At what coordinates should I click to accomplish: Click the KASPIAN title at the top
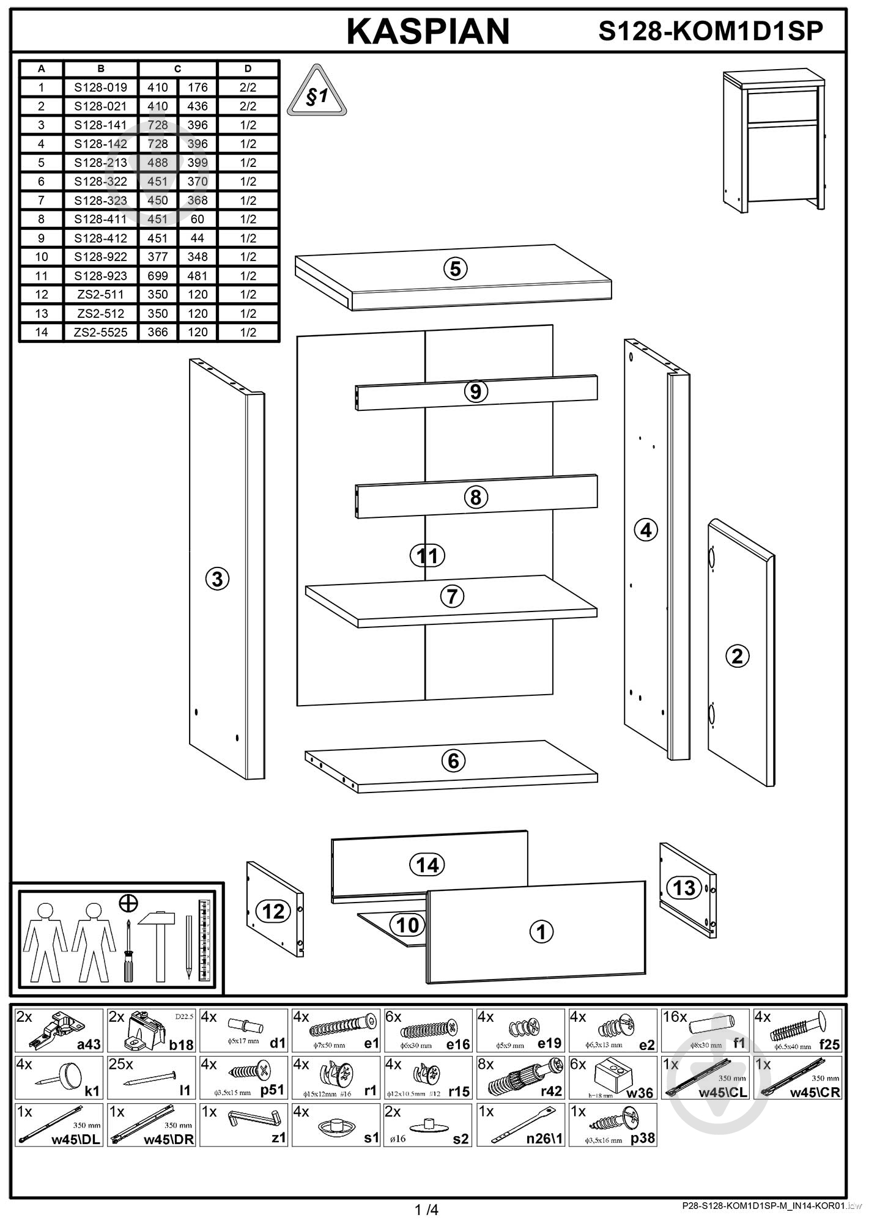click(428, 32)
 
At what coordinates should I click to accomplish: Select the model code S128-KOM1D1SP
click(711, 31)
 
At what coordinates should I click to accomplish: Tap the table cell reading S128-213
click(101, 163)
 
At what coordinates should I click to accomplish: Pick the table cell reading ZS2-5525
click(101, 332)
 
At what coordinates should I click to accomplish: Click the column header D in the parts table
click(248, 68)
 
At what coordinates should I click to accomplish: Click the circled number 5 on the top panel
click(456, 268)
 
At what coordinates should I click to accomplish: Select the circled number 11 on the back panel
click(427, 556)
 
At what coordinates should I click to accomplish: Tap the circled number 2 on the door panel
click(737, 656)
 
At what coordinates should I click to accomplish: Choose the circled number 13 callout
click(684, 887)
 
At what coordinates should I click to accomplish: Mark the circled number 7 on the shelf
click(452, 596)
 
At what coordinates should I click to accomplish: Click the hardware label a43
click(89, 1044)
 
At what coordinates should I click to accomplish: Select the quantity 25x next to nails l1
click(120, 1065)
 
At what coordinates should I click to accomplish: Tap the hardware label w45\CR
click(815, 1092)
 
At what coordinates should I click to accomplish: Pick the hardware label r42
click(551, 1092)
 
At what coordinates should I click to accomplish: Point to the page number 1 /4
click(427, 1210)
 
